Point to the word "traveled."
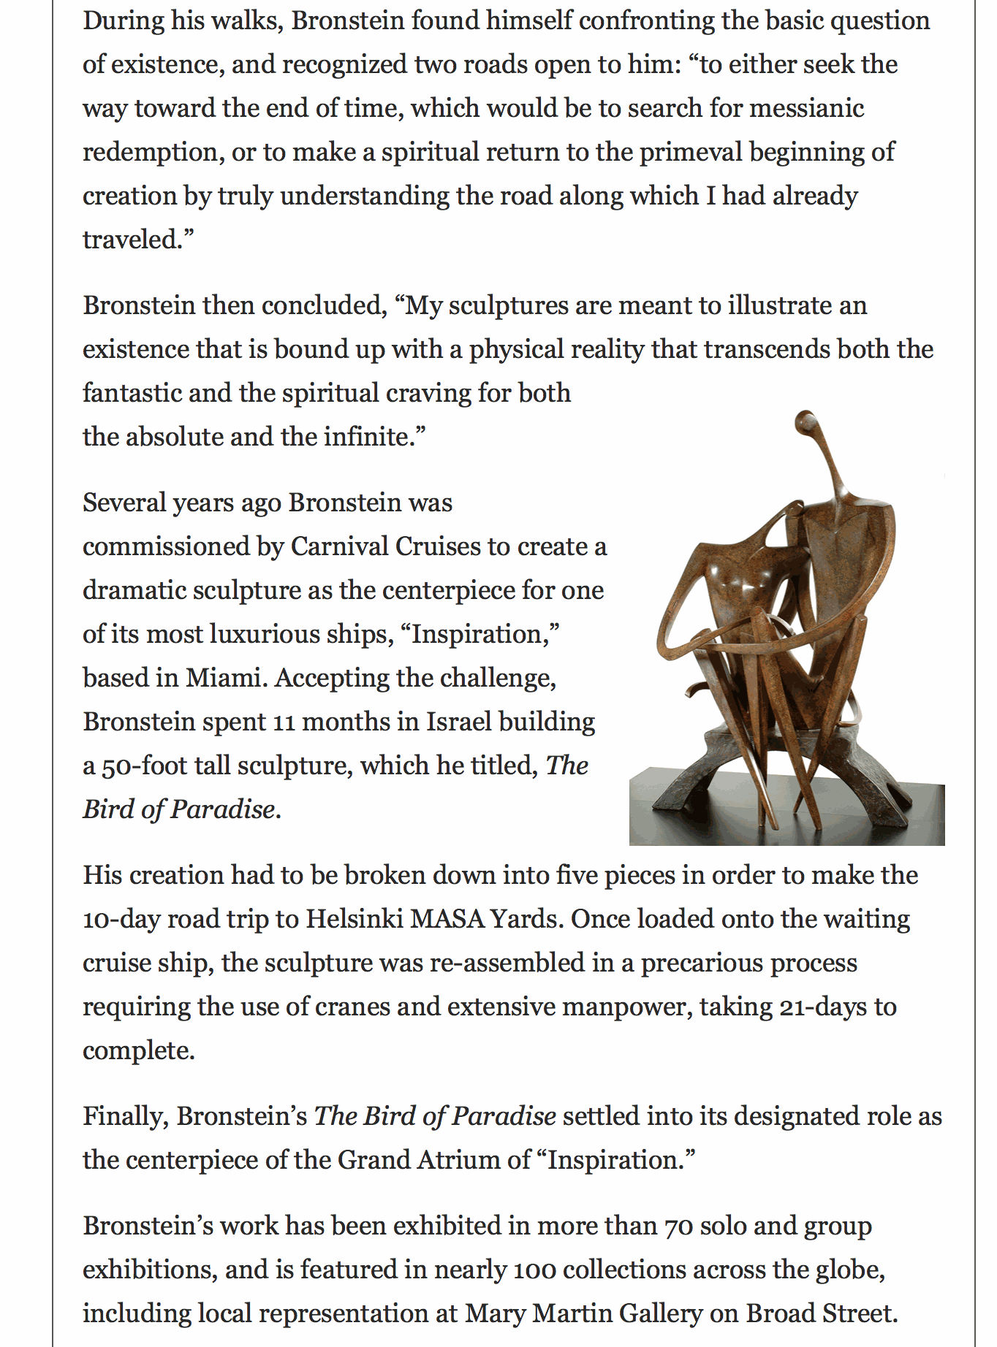tap(138, 240)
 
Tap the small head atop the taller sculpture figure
tap(805, 421)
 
